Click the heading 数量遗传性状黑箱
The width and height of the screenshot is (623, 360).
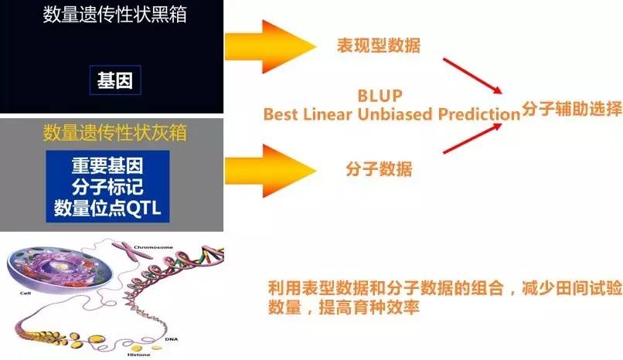[115, 15]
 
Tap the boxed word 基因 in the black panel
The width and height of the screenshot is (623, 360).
[115, 80]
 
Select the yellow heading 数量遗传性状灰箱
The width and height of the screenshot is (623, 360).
[115, 132]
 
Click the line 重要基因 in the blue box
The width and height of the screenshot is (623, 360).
[107, 165]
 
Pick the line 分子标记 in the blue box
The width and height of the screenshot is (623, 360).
[107, 186]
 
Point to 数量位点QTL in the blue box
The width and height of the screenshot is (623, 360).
[107, 208]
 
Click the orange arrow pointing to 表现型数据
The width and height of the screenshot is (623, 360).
[271, 47]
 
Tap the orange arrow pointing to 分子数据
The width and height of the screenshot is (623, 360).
[271, 171]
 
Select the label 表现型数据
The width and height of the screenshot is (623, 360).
[379, 46]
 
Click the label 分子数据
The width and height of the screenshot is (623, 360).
[379, 168]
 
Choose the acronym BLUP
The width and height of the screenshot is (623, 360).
[380, 96]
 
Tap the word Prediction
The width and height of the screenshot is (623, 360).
[479, 114]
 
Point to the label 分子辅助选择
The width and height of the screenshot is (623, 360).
[572, 108]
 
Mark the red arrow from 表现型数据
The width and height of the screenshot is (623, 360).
[472, 76]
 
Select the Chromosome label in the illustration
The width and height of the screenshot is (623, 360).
[153, 247]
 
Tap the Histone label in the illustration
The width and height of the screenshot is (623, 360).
[139, 355]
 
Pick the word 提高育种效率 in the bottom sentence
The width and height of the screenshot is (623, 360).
[369, 307]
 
